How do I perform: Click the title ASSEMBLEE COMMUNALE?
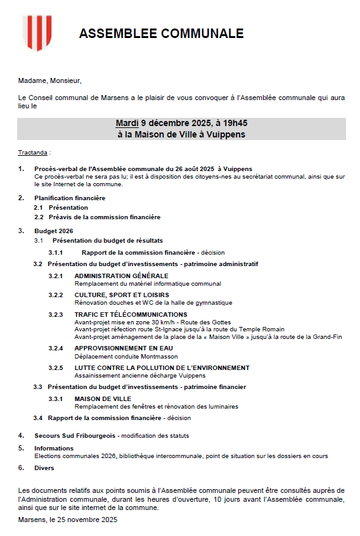tap(161, 34)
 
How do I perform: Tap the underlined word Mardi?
tap(127, 124)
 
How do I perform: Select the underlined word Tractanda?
tap(32, 153)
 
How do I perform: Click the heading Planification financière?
tap(70, 198)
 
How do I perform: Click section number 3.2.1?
tap(56, 276)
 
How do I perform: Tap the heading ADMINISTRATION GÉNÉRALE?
tap(121, 276)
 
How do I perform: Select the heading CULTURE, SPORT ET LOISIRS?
tap(122, 295)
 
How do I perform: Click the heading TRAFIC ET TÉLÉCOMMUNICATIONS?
tap(131, 314)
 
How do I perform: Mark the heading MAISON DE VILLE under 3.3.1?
tap(103, 399)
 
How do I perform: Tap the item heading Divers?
tap(44, 468)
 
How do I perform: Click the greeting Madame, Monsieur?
tap(50, 80)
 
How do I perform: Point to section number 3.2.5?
tap(56, 367)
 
